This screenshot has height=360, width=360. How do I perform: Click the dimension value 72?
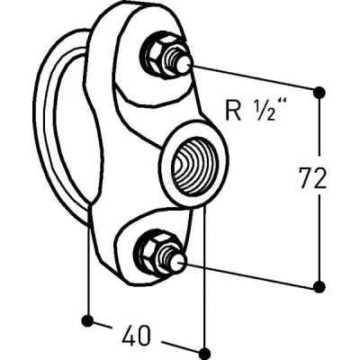pos(313,178)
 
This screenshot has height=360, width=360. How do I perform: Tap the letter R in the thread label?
pos(233,111)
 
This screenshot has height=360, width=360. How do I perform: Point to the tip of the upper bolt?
pos(188,65)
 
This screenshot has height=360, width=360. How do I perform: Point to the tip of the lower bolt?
pos(182,263)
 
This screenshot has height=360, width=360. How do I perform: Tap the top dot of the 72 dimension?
pos(319,92)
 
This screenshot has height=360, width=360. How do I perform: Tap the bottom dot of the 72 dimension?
pos(319,287)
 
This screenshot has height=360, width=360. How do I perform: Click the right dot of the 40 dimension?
pos(204,354)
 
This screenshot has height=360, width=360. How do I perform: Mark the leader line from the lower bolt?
pos(249,274)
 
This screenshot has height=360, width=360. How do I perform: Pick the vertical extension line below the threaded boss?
pos(204,276)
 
